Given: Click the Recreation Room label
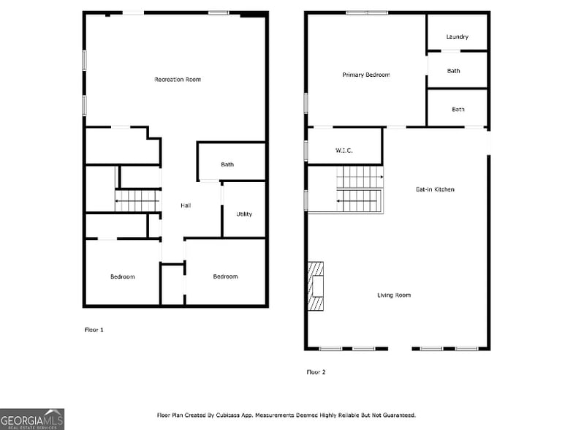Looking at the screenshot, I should pyautogui.click(x=178, y=79).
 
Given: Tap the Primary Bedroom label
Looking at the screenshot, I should pyautogui.click(x=366, y=75).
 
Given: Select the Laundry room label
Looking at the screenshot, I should pyautogui.click(x=457, y=37).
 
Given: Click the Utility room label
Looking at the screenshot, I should pyautogui.click(x=244, y=214).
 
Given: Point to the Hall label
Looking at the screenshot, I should pyautogui.click(x=186, y=205).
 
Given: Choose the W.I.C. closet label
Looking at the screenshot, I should pyautogui.click(x=344, y=151).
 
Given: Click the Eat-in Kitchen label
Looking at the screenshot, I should pyautogui.click(x=435, y=189).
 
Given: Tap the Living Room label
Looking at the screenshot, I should pyautogui.click(x=394, y=295).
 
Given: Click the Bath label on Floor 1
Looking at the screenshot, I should pyautogui.click(x=227, y=165).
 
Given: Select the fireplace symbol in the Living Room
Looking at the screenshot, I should pyautogui.click(x=316, y=287).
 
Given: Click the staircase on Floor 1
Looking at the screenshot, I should pyautogui.click(x=137, y=200).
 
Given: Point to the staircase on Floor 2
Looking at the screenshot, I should pyautogui.click(x=360, y=189).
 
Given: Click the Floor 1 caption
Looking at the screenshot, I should pyautogui.click(x=94, y=330).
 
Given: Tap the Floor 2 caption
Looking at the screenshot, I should pyautogui.click(x=316, y=372).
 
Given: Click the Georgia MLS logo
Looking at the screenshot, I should pyautogui.click(x=32, y=418).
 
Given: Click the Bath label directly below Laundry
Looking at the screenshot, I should pyautogui.click(x=454, y=71).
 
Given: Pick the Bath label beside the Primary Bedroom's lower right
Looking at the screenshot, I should pyautogui.click(x=458, y=110).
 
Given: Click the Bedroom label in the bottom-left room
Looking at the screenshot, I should pyautogui.click(x=123, y=276).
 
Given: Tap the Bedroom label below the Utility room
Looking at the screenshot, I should pyautogui.click(x=225, y=276).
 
